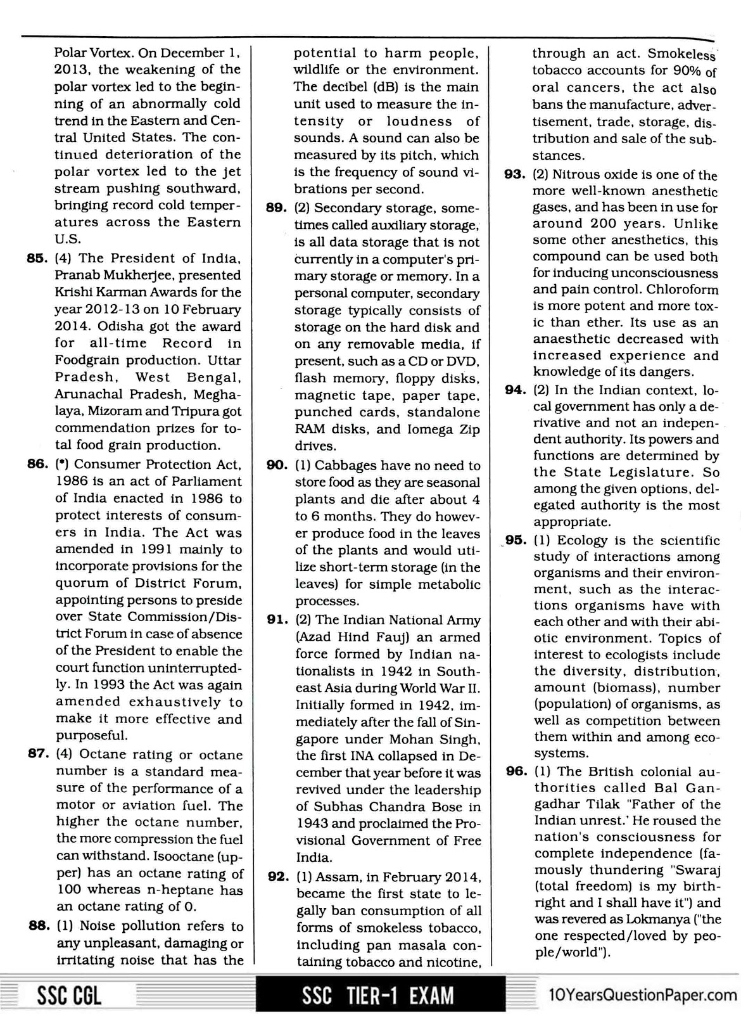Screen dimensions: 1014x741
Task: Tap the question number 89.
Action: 277,208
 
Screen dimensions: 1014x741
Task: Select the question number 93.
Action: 516,175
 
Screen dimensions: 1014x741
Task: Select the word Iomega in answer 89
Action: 434,429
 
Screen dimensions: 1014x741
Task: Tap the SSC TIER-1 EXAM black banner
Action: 378,996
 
